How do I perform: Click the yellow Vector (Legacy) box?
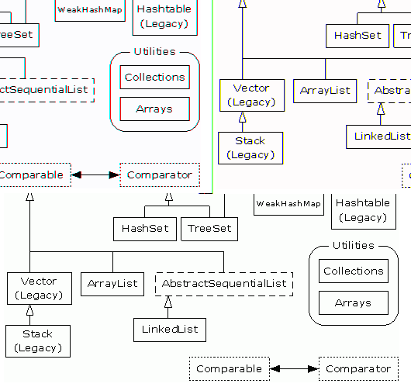click(250, 95)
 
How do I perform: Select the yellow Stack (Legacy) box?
click(250, 147)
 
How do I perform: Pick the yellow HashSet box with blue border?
click(357, 35)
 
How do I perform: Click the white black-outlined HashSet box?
click(145, 229)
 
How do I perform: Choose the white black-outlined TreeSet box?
click(209, 229)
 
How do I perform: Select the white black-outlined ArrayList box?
click(112, 284)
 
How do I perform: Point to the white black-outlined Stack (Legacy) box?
click(37, 340)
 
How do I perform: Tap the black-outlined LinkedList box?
click(170, 329)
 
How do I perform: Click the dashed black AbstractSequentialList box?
click(224, 284)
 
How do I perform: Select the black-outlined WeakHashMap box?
click(288, 204)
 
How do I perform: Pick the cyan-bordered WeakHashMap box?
click(90, 10)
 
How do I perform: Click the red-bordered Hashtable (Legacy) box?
click(165, 17)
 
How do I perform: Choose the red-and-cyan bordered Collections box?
click(155, 78)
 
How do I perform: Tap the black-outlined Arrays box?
click(353, 303)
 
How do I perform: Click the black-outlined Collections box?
click(353, 271)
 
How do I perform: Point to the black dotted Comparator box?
click(357, 369)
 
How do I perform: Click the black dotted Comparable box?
click(228, 369)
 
